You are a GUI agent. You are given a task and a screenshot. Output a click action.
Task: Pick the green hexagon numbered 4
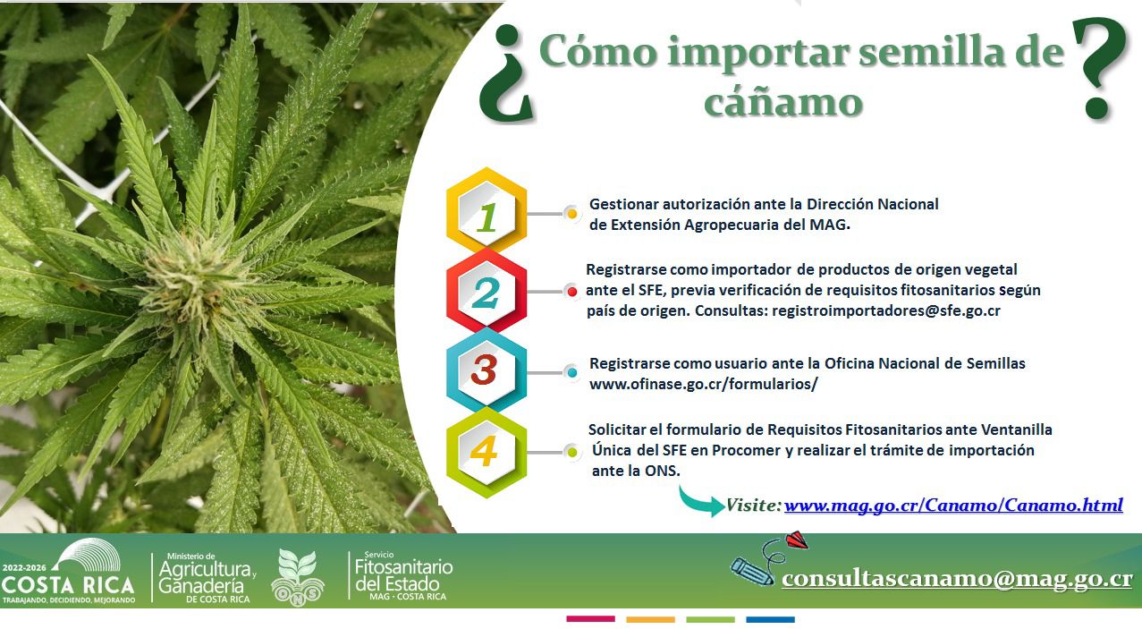pos(486,452)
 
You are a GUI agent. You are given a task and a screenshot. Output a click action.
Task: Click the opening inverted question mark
pos(506,74)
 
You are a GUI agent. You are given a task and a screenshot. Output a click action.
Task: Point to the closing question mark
pos(1100,68)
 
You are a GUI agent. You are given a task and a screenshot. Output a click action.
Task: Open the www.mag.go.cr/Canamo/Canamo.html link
pos(953,505)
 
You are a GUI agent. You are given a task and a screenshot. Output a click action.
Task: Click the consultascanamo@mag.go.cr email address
pos(957,579)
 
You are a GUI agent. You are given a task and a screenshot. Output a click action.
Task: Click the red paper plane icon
pos(796,540)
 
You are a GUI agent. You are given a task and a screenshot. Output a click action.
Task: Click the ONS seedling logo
pos(298,577)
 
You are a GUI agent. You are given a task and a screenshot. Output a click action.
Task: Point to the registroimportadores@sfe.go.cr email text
pos(886,310)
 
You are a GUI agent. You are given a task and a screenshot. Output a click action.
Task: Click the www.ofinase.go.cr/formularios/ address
pos(704,384)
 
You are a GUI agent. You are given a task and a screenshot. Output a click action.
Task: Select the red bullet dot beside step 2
pos(572,292)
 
